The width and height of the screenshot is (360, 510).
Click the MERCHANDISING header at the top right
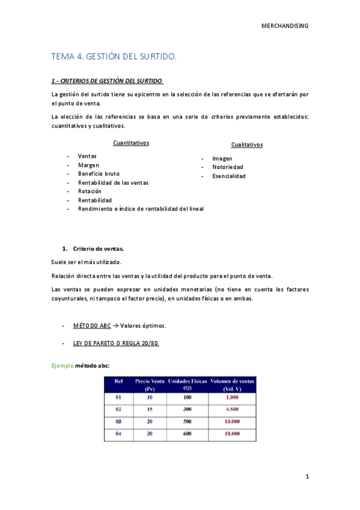coord(285,25)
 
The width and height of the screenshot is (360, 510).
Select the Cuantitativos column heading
coord(131,143)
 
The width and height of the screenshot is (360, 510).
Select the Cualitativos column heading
coord(246,145)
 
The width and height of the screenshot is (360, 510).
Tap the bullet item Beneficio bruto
coord(99,174)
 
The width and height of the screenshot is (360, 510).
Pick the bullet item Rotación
coord(90,191)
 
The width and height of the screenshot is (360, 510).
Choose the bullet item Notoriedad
coord(228,167)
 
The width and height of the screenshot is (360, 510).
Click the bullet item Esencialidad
coord(228,176)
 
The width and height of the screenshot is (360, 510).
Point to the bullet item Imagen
coord(222,159)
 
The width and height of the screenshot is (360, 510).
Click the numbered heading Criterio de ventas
coord(99,248)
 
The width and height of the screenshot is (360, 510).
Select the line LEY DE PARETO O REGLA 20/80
coord(116,343)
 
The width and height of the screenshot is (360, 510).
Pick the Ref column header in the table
coord(117,381)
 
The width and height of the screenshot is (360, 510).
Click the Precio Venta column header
coord(150,384)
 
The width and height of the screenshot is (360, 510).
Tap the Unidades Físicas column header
coord(187,384)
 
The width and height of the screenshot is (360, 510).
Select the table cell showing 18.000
coord(232,434)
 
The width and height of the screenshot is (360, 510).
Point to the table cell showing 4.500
coord(232,410)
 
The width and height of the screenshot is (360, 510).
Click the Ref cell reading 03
coord(117,422)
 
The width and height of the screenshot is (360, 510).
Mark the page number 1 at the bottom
coord(307,477)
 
